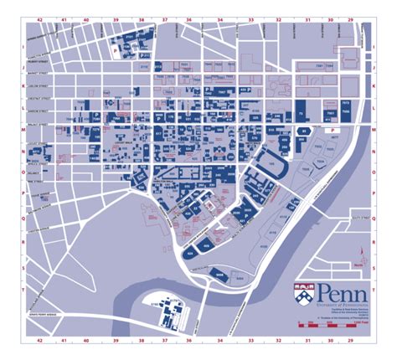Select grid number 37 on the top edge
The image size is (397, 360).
pyautogui.click(x=164, y=16)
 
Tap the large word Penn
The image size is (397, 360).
pyautogui.click(x=334, y=293)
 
